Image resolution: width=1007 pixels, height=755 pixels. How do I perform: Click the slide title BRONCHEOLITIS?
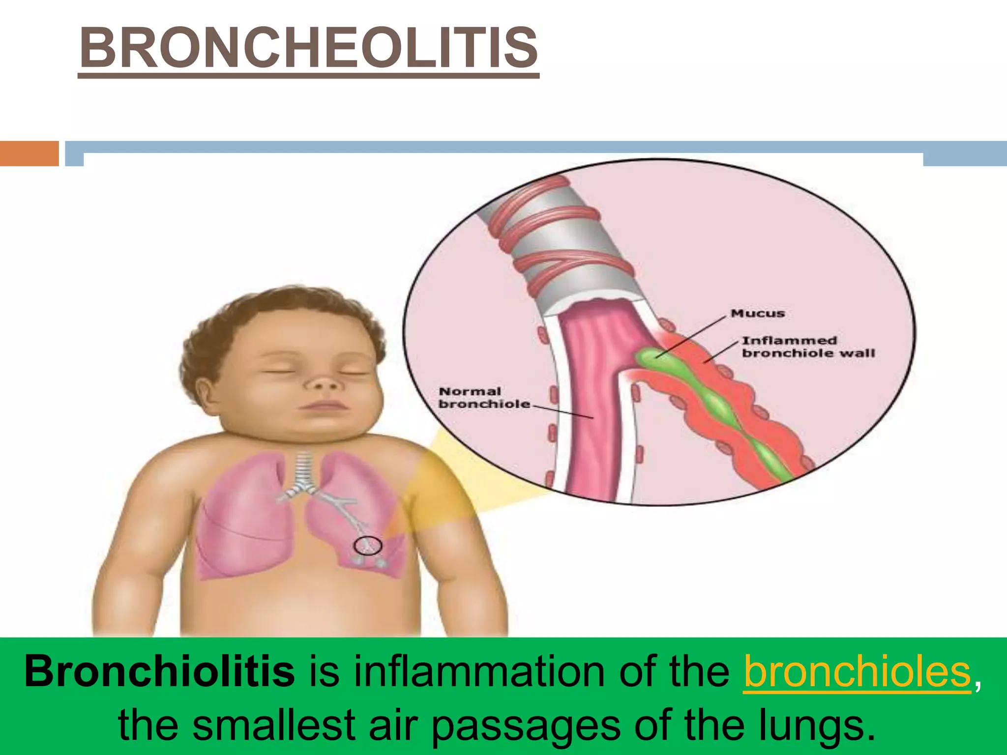[308, 49]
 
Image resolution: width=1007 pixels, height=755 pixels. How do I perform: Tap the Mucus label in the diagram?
[757, 313]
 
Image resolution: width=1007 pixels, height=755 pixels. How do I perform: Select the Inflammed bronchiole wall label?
[808, 347]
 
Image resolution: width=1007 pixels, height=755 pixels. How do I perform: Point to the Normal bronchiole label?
[484, 398]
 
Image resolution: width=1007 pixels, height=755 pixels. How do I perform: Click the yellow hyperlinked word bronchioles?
[857, 671]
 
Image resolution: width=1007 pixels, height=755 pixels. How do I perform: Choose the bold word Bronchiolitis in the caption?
[160, 671]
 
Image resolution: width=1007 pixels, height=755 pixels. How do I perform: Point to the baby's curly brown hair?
[275, 315]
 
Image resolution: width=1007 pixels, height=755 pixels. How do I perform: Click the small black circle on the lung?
[368, 545]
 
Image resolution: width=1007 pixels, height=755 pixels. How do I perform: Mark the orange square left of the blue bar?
[29, 153]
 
